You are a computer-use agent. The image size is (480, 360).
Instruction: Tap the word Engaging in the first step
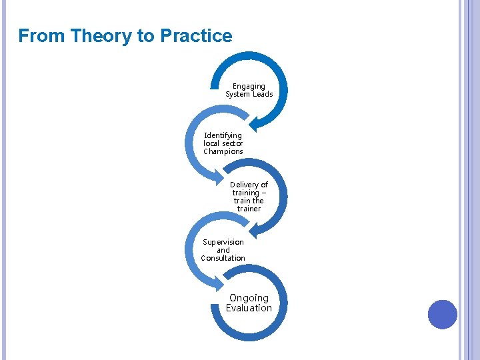[249, 86]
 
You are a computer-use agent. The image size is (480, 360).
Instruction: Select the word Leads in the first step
[262, 94]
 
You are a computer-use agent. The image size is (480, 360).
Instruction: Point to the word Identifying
[223, 135]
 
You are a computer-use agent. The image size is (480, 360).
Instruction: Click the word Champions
[223, 151]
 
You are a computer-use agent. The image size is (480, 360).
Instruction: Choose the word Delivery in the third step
[244, 185]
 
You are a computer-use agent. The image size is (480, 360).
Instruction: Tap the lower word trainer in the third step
[249, 209]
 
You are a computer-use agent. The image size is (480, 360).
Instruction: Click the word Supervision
[223, 242]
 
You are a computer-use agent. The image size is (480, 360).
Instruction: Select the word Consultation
[223, 258]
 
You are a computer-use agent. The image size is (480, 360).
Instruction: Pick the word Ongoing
[249, 298]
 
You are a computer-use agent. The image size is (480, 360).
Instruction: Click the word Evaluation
[249, 308]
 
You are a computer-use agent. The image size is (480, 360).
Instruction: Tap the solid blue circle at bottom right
[442, 314]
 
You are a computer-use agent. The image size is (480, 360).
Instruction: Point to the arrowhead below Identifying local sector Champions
[225, 178]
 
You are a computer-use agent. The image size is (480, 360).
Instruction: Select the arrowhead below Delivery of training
[254, 230]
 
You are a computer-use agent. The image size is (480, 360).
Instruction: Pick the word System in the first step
[237, 94]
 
